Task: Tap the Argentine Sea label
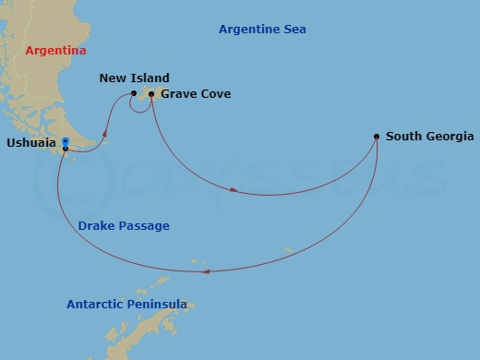pyautogui.click(x=262, y=30)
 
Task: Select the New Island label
pyautogui.click(x=134, y=78)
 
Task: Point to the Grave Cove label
pyautogui.click(x=196, y=94)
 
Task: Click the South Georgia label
pyautogui.click(x=429, y=137)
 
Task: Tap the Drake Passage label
pyautogui.click(x=124, y=225)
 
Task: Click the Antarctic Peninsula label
pyautogui.click(x=126, y=304)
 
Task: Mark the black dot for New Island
pyautogui.click(x=134, y=93)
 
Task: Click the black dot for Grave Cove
pyautogui.click(x=151, y=93)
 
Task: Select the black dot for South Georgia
pyautogui.click(x=377, y=137)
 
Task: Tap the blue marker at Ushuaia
pyautogui.click(x=65, y=141)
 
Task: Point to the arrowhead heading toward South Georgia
pyautogui.click(x=234, y=191)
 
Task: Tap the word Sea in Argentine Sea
pyautogui.click(x=294, y=30)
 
